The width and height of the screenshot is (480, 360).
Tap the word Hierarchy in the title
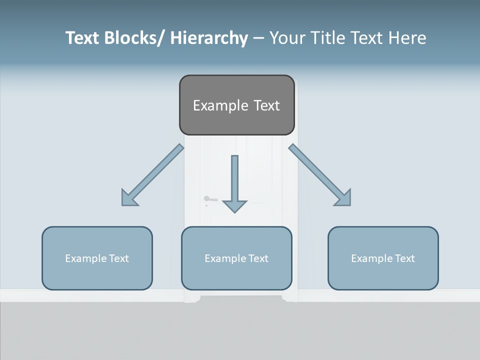(209, 38)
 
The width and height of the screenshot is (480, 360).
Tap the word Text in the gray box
(266, 105)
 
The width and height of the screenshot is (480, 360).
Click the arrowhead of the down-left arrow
(128, 199)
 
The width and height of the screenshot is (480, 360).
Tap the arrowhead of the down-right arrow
(344, 199)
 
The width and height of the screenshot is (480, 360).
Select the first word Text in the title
(83, 38)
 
